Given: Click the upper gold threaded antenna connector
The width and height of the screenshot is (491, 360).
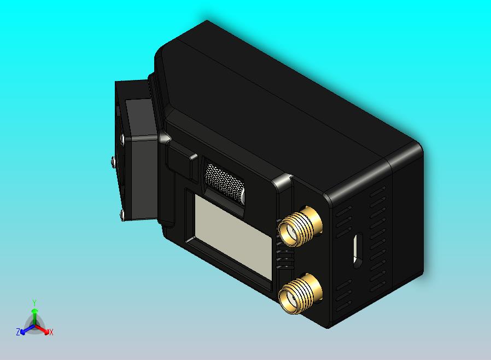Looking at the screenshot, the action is pyautogui.click(x=299, y=226).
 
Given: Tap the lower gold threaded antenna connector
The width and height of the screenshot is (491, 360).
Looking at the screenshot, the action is pyautogui.click(x=299, y=294).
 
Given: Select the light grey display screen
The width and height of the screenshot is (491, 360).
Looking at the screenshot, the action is pyautogui.click(x=233, y=236).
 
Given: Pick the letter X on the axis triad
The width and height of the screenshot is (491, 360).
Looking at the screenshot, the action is pyautogui.click(x=51, y=332).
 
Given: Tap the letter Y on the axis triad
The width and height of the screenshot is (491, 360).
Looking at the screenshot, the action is pyautogui.click(x=34, y=303).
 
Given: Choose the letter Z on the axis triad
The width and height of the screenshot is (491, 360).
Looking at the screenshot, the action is pyautogui.click(x=18, y=332).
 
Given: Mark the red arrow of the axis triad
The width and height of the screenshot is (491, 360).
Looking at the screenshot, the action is pyautogui.click(x=42, y=329).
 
